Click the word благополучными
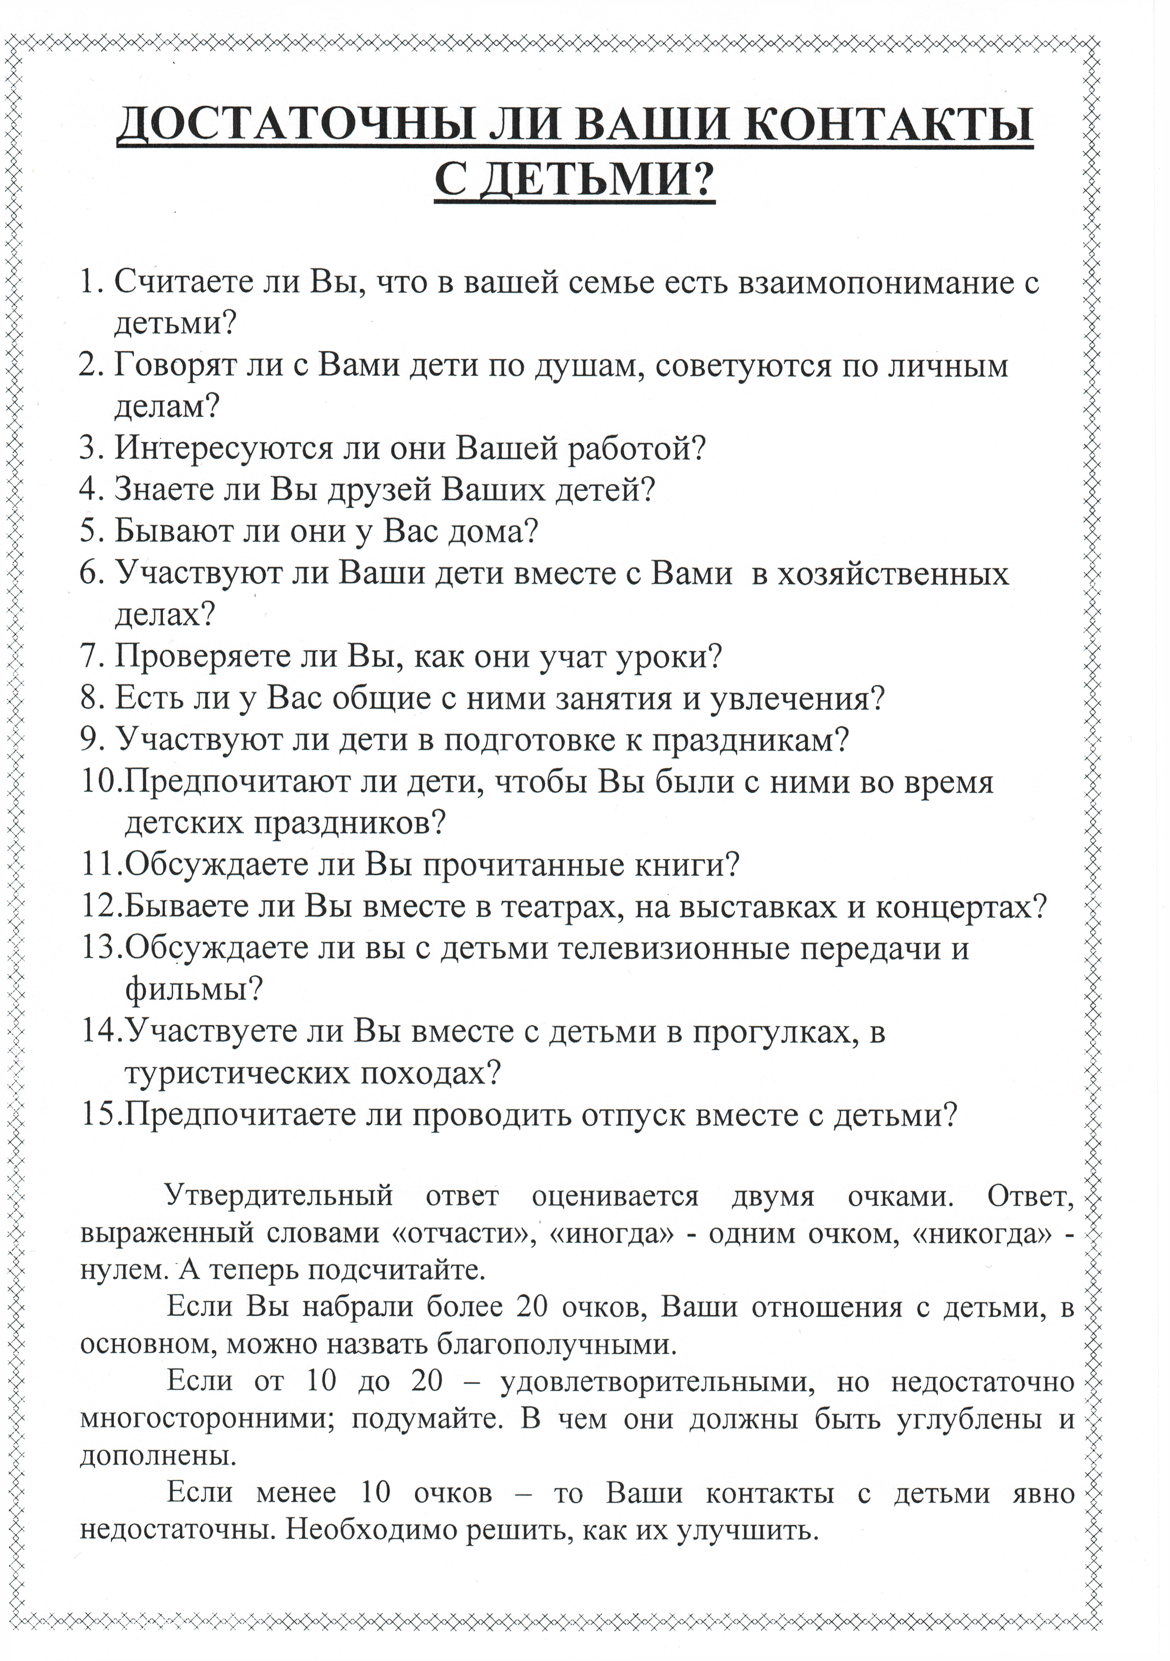pyautogui.click(x=557, y=1344)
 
